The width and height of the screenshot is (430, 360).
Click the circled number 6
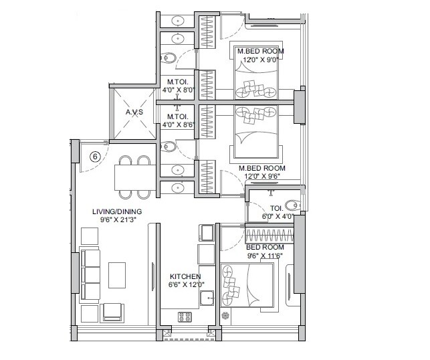pyautogui.click(x=95, y=157)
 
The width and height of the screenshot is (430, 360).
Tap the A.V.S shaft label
pyautogui.click(x=136, y=113)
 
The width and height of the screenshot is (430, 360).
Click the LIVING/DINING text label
pyautogui.click(x=117, y=211)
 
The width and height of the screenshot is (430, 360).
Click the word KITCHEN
pyautogui.click(x=185, y=276)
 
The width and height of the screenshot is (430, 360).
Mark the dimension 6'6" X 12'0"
pyautogui.click(x=185, y=285)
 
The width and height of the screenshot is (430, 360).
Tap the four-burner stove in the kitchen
pyautogui.click(x=185, y=317)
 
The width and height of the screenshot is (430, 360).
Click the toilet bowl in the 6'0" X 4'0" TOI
pyautogui.click(x=293, y=205)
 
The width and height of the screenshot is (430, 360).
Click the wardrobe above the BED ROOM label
pyautogui.click(x=270, y=236)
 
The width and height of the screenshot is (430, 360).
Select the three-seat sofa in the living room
pyautogui.click(x=89, y=274)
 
